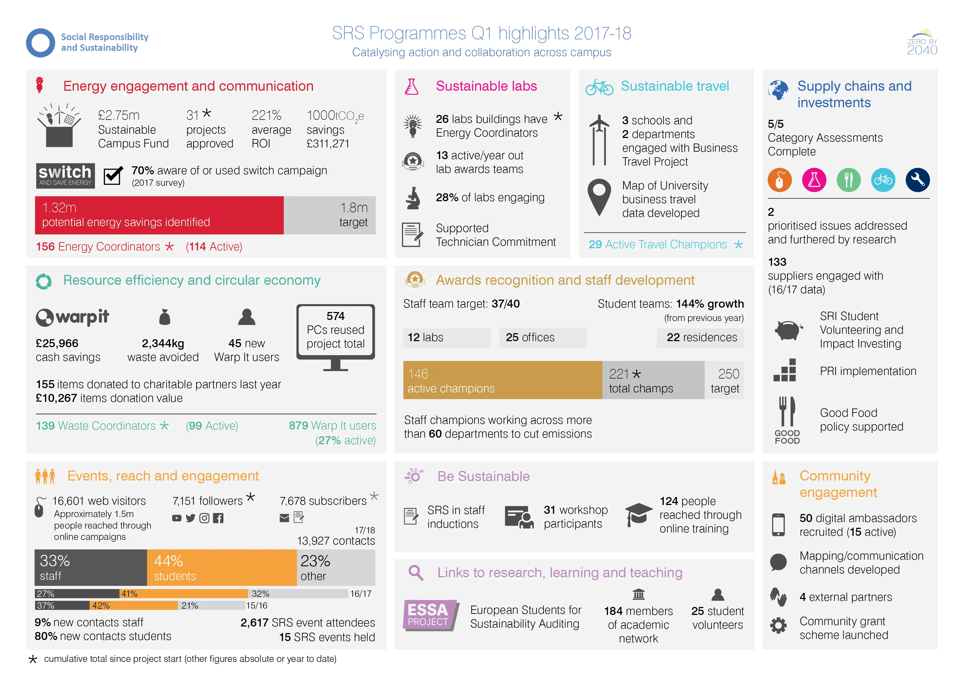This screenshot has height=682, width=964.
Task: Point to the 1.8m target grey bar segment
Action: (x=330, y=215)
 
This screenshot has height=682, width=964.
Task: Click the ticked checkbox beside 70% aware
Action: (x=113, y=176)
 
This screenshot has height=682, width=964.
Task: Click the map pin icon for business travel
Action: (x=599, y=197)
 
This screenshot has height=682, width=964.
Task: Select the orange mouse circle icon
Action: (x=780, y=180)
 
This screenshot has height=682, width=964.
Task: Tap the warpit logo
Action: (x=72, y=317)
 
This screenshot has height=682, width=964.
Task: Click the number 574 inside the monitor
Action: (x=335, y=316)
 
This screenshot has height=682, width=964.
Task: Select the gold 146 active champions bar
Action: (x=502, y=380)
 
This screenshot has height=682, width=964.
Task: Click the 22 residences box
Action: (x=700, y=338)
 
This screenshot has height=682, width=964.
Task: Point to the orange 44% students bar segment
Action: (x=222, y=568)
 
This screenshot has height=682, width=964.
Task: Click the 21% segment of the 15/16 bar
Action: (x=211, y=606)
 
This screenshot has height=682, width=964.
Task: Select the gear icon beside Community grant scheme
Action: (x=778, y=625)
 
